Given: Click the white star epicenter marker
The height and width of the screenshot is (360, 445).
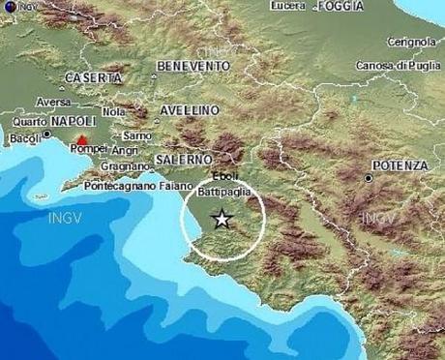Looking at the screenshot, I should point(222,219).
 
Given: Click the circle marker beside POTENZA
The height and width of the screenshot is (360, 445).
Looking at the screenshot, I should point(370,179).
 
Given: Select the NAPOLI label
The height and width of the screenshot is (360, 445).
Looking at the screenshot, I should point(73,121).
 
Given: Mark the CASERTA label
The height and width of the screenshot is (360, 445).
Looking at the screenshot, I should point(93,76).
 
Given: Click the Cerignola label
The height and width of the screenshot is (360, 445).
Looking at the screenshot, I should point(410,42).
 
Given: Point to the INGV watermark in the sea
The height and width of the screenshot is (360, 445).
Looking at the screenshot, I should point(64,219).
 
